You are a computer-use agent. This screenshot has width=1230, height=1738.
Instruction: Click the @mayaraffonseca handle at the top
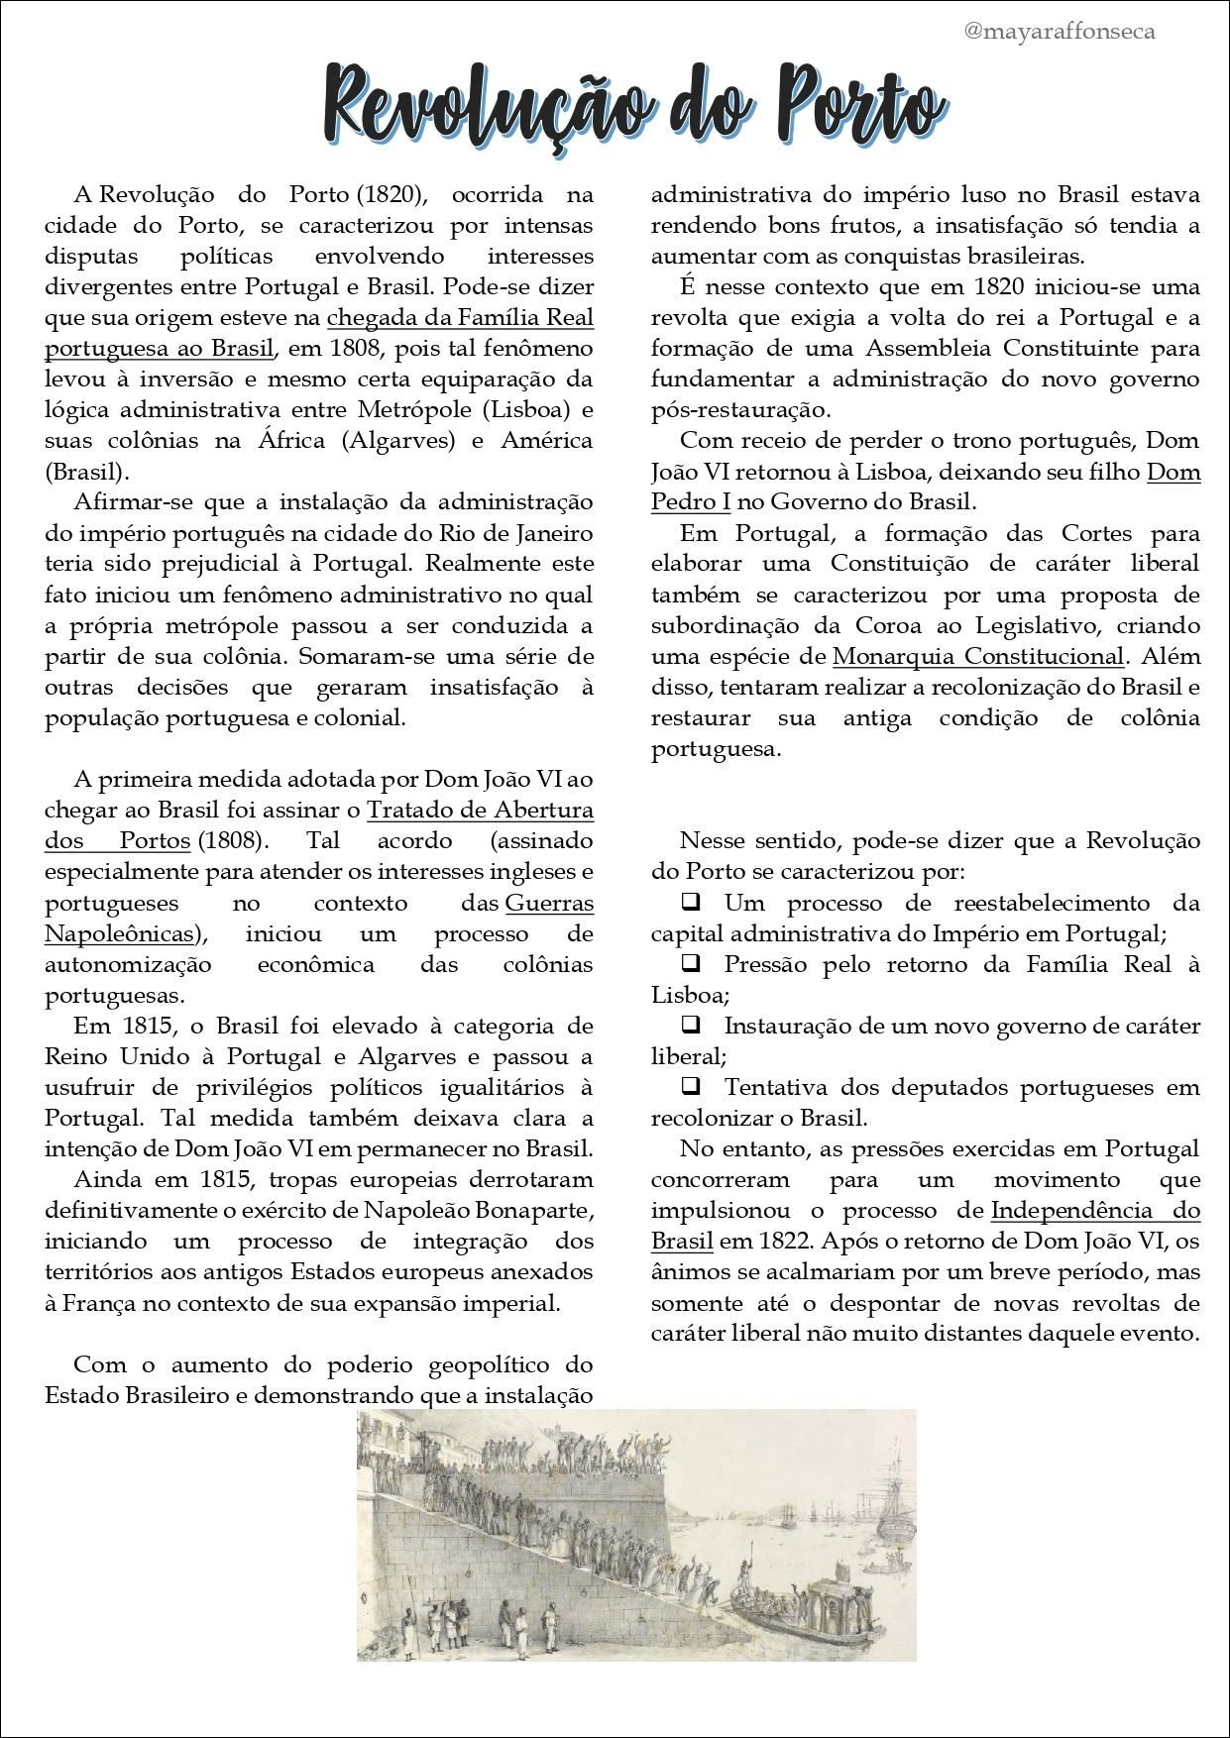tap(1059, 32)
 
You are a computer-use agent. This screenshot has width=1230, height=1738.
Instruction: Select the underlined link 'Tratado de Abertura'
tap(480, 810)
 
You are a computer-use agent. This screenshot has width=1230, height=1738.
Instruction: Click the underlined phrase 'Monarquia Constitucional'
tap(977, 656)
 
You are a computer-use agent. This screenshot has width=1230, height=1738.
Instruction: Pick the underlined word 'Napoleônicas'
tap(119, 933)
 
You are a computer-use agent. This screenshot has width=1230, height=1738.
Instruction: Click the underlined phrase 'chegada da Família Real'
tap(460, 317)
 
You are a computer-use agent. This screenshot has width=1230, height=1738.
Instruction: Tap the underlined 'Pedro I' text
tap(690, 501)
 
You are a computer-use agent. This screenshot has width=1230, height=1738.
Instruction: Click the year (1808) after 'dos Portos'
tap(232, 840)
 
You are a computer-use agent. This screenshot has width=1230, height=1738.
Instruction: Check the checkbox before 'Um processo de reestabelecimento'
tap(690, 902)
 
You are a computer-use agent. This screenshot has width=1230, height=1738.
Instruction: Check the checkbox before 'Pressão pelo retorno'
tap(690, 963)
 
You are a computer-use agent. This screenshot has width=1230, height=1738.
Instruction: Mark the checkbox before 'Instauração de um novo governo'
tap(690, 1025)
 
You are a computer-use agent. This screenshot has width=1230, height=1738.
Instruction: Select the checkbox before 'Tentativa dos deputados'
tap(690, 1086)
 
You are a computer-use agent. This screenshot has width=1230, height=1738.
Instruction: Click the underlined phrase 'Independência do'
tap(1094, 1210)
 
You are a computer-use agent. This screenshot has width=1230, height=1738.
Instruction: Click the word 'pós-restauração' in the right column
tap(740, 409)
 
